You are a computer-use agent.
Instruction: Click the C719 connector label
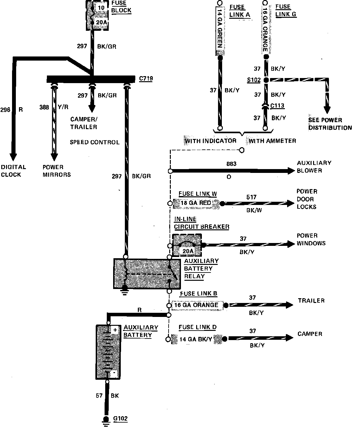pos(146,79)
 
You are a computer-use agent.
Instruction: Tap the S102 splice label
pos(254,80)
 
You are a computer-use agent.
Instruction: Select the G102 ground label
pos(120,418)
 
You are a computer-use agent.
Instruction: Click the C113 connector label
pos(277,106)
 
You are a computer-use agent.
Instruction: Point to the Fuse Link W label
pos(198,194)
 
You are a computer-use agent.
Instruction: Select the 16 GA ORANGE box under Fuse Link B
pos(197,305)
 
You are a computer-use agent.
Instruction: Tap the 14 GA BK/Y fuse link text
pos(196,339)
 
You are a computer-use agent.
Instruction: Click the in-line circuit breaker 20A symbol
pos(187,245)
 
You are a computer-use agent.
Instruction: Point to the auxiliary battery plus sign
pos(115,330)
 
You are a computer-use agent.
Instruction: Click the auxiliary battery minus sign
pos(114,372)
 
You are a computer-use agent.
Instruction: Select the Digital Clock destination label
pos(14,171)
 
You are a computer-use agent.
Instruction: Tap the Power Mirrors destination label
pos(57,171)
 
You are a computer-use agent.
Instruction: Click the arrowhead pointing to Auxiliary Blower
pos(291,171)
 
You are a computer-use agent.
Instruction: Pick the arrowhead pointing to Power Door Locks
pos(291,203)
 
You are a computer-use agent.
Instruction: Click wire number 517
pos(251,197)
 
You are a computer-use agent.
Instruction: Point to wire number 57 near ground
pos(99,396)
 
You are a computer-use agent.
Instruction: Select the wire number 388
pos(44,107)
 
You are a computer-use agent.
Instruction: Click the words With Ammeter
pos(272,141)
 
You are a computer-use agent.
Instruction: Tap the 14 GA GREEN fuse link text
pos(220,29)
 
